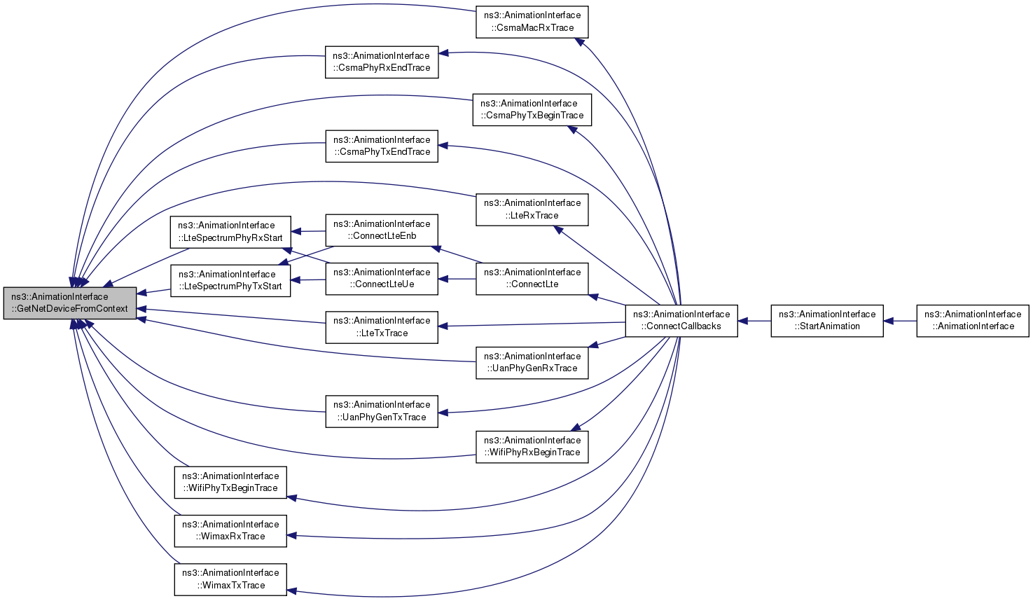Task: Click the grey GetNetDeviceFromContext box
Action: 70,303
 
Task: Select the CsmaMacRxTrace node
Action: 532,22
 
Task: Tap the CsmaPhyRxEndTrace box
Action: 382,62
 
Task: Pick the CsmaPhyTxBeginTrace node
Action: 532,110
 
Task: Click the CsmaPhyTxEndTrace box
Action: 382,146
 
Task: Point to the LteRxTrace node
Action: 532,210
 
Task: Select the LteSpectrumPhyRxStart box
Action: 230,232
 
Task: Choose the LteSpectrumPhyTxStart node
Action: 230,280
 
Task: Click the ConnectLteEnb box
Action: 382,230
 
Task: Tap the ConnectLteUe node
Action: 382,279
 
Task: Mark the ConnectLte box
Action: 532,279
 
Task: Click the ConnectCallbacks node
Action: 681,321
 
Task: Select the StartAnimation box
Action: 827,321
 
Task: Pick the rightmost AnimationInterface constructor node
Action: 973,321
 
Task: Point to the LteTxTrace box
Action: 382,327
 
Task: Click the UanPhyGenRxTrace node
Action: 532,363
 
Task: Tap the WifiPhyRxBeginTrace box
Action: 532,447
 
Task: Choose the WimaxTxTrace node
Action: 230,579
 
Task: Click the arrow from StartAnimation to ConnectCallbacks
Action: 754,321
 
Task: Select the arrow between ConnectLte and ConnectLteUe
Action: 457,279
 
